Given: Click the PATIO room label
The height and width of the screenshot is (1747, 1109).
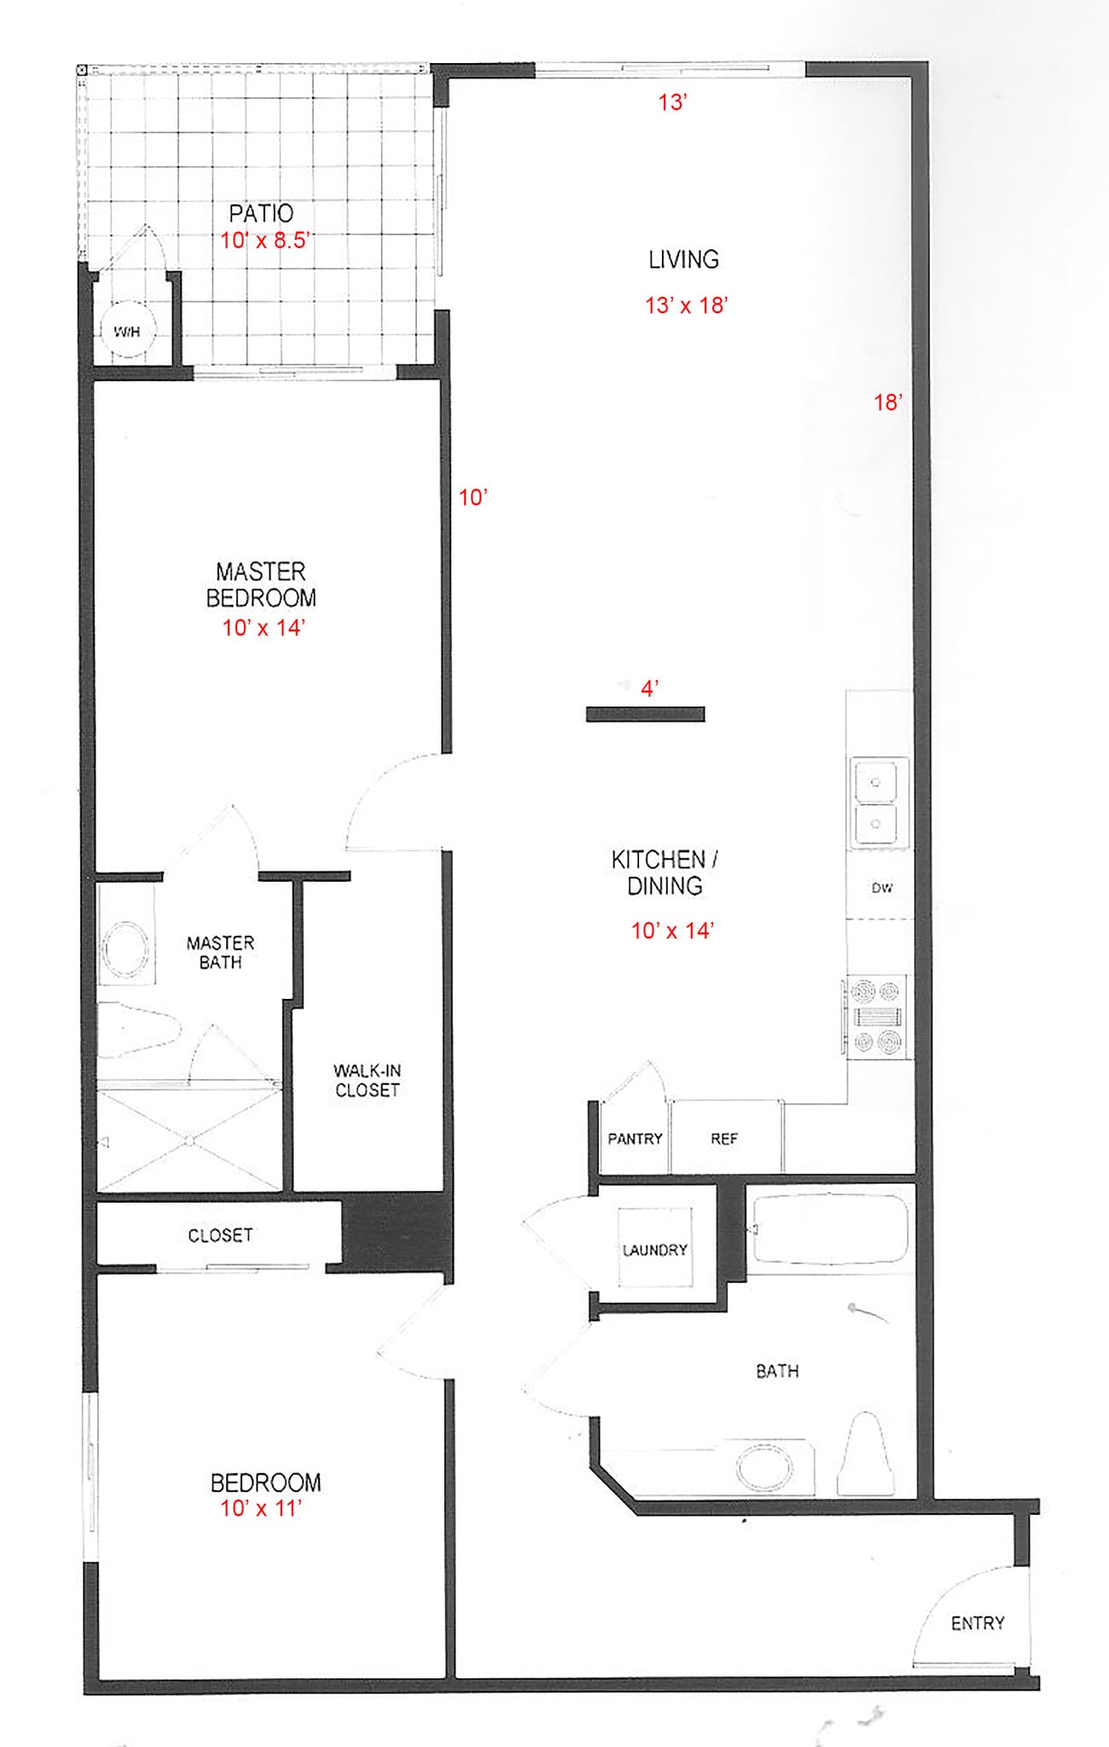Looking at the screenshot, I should point(261,213).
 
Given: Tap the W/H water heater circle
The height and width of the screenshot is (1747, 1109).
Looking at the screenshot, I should point(127,332).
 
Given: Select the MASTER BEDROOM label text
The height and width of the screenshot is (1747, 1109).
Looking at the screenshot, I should point(261,584).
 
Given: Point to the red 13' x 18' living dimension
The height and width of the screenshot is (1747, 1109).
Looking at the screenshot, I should point(686,305).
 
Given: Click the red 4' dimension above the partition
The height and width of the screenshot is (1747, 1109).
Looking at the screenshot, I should point(650,688).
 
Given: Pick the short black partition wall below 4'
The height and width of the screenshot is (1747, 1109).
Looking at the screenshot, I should point(645,715).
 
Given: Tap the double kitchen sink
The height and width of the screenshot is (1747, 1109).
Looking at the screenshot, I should point(876,802).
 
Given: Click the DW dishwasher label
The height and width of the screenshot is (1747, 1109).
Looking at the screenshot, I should point(881,888).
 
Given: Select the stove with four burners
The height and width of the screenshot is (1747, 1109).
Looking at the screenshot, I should point(877,1017).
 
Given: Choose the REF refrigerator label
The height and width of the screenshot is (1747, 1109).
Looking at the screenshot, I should point(724,1139).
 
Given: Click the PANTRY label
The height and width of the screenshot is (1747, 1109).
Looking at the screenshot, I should point(635,1139).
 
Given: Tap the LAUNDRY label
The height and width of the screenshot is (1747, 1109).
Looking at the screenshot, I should point(655,1250).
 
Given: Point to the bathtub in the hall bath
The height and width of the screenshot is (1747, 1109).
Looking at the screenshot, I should point(829,1228).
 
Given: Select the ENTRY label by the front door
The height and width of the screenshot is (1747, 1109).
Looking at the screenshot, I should point(978,1623).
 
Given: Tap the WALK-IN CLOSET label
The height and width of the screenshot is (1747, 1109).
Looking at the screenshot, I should point(367,1080).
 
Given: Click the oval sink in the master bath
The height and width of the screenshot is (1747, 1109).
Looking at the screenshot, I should point(125,948).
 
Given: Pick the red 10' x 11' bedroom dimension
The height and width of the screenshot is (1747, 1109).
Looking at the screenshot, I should point(261,1508).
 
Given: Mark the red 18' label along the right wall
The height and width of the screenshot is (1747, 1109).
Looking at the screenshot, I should point(888,402).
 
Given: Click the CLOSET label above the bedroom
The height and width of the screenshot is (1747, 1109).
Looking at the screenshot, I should point(220,1235).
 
